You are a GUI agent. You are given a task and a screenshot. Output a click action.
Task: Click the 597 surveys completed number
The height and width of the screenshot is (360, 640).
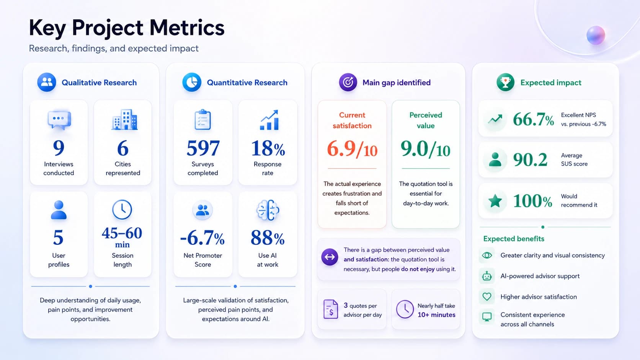tap(203, 148)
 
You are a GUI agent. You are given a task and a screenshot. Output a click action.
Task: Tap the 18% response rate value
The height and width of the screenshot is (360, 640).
tap(268, 148)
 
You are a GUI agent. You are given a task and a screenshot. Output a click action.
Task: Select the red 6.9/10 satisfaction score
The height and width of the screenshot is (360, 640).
tap(352, 149)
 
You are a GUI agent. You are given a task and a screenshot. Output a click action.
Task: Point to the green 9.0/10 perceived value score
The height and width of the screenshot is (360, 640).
tap(425, 149)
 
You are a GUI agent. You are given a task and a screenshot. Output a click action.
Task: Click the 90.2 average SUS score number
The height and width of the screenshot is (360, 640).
tap(530, 160)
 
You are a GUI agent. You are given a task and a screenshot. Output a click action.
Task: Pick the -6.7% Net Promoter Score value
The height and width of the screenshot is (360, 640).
tap(202, 238)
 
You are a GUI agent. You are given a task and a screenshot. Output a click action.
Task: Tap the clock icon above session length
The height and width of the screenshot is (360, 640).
tap(122, 210)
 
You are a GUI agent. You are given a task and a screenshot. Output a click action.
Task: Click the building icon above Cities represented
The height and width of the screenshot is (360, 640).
tap(124, 119)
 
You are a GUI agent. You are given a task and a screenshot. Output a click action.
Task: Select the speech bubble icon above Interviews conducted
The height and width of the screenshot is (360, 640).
tap(59, 120)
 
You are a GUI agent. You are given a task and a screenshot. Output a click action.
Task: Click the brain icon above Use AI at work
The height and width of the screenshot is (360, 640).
tap(268, 210)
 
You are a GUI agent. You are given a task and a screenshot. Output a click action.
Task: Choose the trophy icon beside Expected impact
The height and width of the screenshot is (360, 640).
tap(505, 82)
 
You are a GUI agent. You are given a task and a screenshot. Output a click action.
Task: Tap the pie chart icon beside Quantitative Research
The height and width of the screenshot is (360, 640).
tap(192, 82)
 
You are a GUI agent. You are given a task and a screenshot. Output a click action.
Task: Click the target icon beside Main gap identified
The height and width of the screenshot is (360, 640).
tap(348, 82)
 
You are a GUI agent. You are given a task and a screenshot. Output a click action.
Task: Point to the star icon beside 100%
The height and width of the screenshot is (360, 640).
tap(495, 201)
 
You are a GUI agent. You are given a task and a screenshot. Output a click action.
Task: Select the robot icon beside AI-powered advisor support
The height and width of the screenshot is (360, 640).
tap(487, 276)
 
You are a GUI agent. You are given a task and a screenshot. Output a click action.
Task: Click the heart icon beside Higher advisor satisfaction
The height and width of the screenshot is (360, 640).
tap(487, 296)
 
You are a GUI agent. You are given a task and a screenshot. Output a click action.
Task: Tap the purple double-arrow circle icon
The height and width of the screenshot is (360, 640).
tap(330, 257)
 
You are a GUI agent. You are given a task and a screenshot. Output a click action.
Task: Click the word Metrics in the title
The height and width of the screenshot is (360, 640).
tap(187, 28)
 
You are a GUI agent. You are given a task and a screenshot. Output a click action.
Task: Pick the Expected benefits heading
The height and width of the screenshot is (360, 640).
tap(514, 239)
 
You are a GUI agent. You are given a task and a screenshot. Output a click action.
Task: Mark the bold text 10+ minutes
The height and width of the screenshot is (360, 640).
tap(437, 314)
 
